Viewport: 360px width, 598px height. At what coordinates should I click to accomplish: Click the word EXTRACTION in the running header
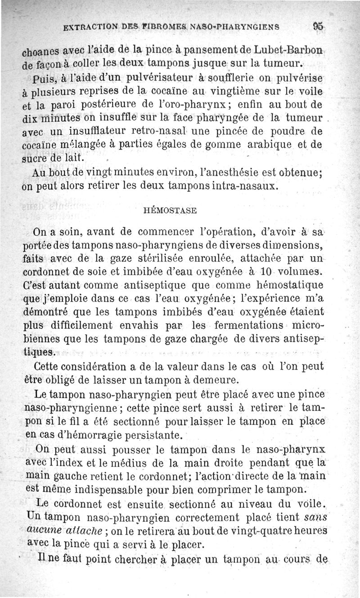[92, 27]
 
